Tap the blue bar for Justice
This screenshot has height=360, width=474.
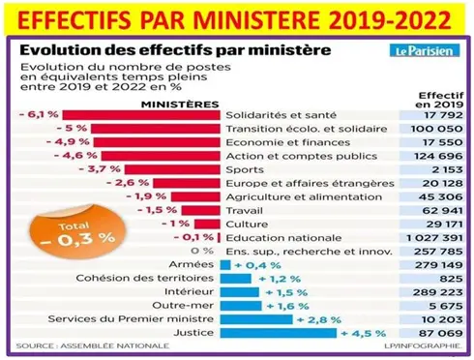click(x=281, y=333)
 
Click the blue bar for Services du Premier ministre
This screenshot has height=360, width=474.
click(x=257, y=318)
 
